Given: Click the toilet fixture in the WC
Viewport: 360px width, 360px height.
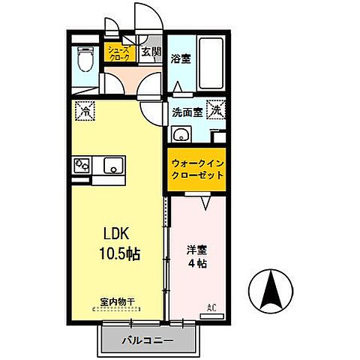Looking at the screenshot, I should tap(85, 58).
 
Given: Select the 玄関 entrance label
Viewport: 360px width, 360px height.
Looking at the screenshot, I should tap(151, 52).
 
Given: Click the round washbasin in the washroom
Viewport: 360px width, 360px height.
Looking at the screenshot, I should tap(180, 136).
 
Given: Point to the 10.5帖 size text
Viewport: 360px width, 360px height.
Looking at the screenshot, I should tap(118, 253).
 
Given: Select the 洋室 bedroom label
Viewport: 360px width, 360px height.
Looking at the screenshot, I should tap(196, 250).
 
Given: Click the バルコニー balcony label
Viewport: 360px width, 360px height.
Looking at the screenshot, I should tap(147, 342).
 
